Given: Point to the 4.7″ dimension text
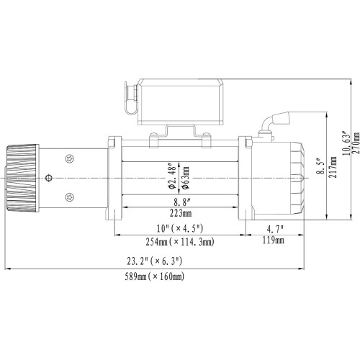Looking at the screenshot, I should click(x=273, y=230).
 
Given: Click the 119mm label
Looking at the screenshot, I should click(x=273, y=243).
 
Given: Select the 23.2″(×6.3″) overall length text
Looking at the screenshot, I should click(x=155, y=261).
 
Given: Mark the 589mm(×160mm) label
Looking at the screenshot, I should click(x=155, y=276).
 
